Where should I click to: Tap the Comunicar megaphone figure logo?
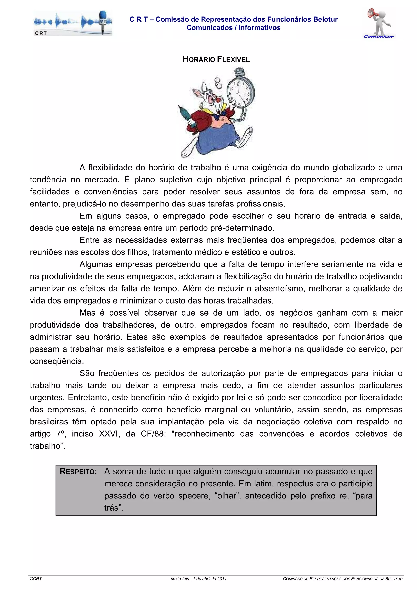(x=379, y=23)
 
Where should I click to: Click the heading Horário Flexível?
(x=216, y=60)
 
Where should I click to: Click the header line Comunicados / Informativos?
(x=233, y=28)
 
